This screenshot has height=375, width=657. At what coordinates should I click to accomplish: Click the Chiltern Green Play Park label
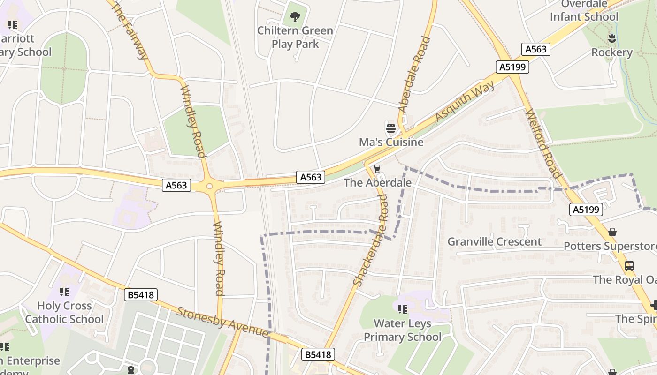pos(295,37)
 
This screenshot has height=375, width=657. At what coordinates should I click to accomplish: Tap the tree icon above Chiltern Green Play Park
pos(295,17)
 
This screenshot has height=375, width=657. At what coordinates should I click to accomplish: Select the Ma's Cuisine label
pos(391,142)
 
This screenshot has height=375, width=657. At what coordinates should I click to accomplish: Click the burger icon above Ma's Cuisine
pos(391,128)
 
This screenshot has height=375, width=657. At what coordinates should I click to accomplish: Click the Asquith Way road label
pos(465,101)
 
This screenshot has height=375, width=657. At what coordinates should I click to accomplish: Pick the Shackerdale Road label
pos(371,240)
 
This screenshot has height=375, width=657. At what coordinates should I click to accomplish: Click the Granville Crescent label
pos(494,241)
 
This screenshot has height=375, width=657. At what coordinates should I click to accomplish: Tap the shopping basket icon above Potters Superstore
pos(612,232)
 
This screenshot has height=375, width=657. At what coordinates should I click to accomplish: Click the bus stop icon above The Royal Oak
pos(629,266)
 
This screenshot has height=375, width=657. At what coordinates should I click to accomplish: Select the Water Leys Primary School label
pos(403,330)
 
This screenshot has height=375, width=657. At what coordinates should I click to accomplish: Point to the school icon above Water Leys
pos(402,309)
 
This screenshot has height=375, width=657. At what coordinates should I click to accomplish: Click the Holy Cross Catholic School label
pos(64,312)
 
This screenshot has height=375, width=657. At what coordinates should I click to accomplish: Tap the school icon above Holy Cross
pos(64,292)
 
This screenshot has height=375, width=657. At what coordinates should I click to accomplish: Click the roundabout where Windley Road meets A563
pos(209,186)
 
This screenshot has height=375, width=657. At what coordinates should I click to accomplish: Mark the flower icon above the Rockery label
pos(611,37)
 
